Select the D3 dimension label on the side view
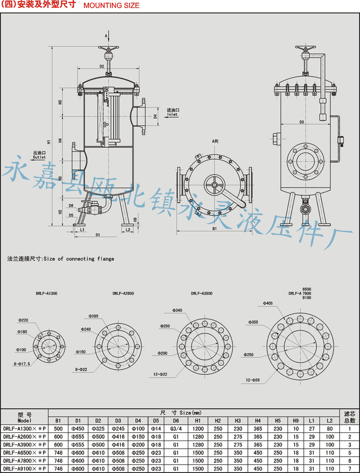(x=302, y=122)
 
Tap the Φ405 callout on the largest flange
(x=268, y=303)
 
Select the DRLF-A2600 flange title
(x=123, y=293)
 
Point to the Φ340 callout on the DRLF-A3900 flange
(x=176, y=310)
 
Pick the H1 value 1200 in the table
(x=198, y=428)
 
